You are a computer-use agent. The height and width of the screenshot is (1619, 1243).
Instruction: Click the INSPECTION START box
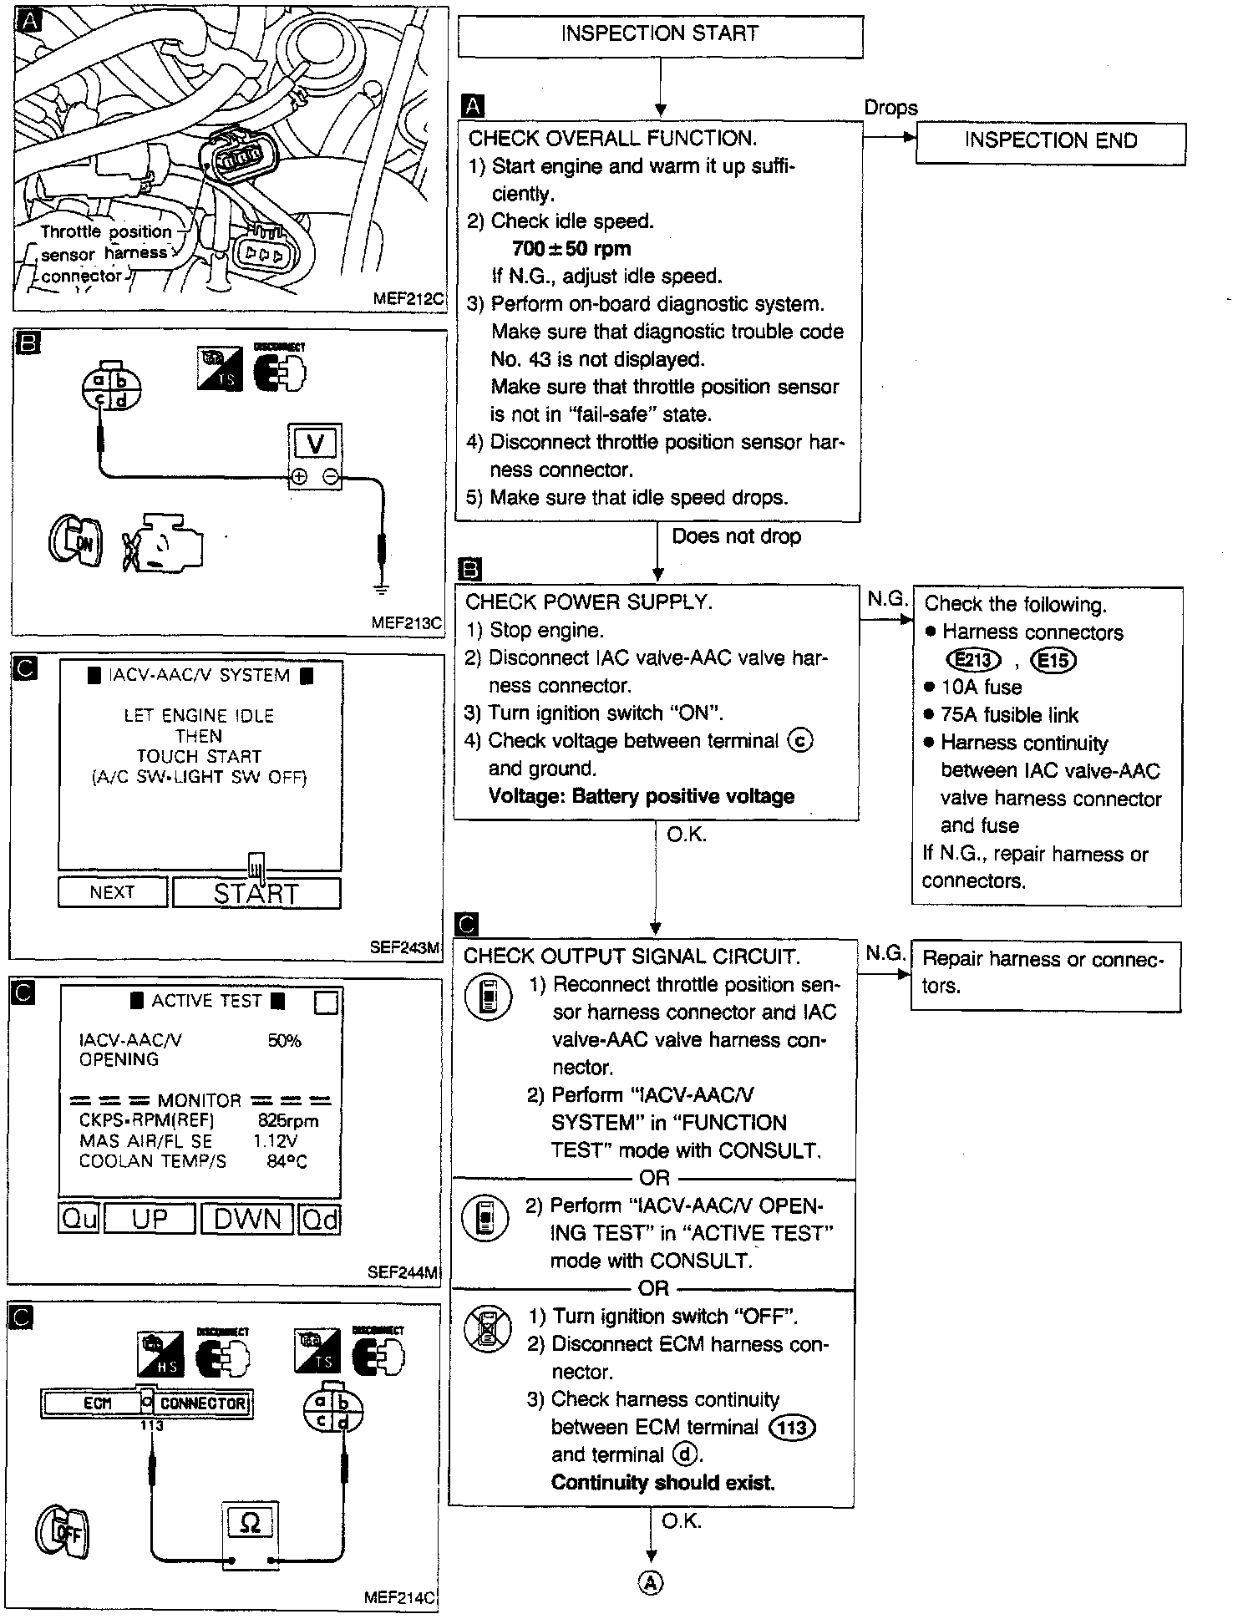(660, 35)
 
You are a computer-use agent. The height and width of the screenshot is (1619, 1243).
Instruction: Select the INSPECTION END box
(1050, 142)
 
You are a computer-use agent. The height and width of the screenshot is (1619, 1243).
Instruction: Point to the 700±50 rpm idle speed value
(571, 249)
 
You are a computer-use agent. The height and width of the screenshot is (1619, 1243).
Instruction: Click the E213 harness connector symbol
(973, 661)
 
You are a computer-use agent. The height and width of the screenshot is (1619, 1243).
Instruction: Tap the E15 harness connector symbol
(1053, 661)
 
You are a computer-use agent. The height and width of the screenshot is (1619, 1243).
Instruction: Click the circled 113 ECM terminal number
(791, 1428)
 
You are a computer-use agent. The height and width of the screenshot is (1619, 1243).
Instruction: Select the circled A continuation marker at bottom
(651, 1582)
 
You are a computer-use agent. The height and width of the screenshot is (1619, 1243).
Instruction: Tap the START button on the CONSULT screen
(256, 893)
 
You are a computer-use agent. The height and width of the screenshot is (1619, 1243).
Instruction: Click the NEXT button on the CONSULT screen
(113, 892)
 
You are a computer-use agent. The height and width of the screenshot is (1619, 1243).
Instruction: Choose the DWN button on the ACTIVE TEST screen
(247, 1219)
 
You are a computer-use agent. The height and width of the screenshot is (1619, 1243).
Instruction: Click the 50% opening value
(284, 1041)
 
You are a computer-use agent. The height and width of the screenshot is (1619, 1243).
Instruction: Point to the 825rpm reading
(287, 1121)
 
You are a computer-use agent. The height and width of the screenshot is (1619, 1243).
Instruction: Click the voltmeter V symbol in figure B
(316, 444)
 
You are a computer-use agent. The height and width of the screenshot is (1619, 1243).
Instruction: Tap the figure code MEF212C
(409, 299)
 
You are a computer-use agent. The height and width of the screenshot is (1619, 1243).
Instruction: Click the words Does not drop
(736, 536)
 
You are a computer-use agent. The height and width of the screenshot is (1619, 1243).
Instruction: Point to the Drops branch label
(890, 108)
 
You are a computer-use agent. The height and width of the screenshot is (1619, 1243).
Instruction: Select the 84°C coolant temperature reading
(287, 1162)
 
